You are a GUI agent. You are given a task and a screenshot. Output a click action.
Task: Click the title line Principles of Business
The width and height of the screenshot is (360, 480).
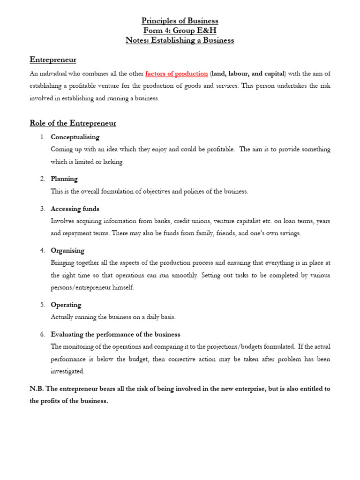coord(180,21)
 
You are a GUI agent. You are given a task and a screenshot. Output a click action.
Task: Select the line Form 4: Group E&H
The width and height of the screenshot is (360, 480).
coord(180,31)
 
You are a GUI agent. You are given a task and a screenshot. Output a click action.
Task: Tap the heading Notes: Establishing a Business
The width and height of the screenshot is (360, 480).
coord(180,40)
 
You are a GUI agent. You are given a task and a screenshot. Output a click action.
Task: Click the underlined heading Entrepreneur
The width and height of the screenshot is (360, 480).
coord(53,60)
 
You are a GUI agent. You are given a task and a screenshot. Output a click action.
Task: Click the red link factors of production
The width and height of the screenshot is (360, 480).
coord(177,74)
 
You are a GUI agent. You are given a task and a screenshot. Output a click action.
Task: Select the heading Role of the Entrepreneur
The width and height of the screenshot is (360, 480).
coord(73,123)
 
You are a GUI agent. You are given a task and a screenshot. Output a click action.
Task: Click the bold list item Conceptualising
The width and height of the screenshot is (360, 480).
coord(75,137)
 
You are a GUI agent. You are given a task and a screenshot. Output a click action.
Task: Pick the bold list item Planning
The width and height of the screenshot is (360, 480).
coord(64,179)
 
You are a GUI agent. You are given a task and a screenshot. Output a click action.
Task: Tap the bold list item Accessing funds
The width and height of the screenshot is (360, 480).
coord(75,209)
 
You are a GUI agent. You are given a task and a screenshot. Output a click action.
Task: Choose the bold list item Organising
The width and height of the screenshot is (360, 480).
coord(67,250)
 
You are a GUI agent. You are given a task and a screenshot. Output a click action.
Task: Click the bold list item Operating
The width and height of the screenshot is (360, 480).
coord(66,305)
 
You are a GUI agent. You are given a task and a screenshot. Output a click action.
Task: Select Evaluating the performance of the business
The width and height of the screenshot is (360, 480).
coord(115,334)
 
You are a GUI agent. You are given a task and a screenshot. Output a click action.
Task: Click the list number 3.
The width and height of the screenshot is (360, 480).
coord(42,209)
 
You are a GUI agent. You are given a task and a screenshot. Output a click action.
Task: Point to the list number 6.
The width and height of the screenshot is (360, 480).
coord(42,334)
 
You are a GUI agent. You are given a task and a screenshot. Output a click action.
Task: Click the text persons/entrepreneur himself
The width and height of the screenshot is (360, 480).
coord(92,287)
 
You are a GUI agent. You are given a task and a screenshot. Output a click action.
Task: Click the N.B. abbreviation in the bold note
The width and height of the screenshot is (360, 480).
coord(37,389)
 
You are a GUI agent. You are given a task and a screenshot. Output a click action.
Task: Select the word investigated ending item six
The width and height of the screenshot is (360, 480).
coord(67,371)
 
